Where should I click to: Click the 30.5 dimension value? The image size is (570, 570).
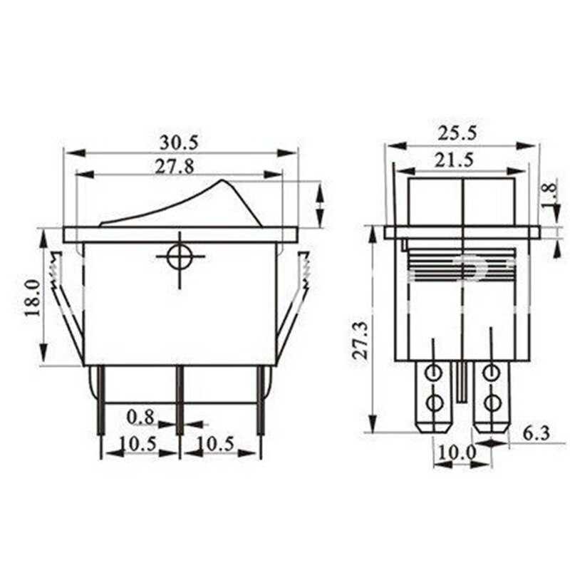tap(179, 142)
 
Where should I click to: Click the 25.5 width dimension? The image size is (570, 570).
tap(459, 133)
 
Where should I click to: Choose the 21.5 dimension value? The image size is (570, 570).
tap(459, 160)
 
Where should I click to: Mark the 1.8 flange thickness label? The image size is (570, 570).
tap(547, 196)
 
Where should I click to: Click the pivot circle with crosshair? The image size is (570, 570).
tap(180, 258)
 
